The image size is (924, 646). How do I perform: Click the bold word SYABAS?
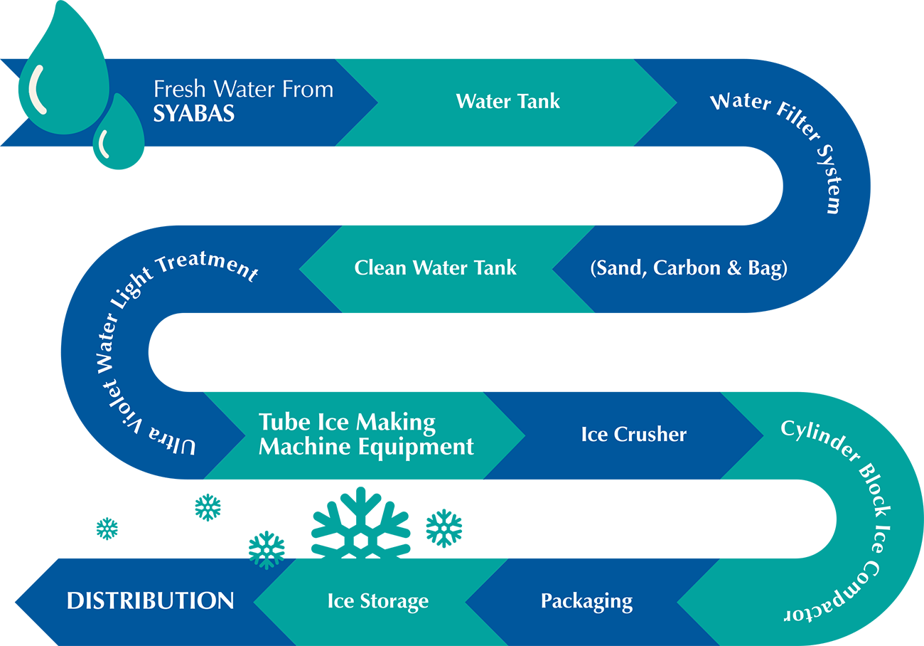(193, 114)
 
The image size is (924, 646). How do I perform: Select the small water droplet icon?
(119, 135)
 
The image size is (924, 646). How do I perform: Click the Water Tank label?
(507, 101)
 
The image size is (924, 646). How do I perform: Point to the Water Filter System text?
(789, 142)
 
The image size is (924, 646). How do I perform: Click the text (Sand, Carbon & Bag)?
(688, 268)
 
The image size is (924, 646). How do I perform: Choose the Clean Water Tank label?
(435, 268)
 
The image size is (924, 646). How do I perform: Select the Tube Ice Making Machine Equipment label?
(365, 434)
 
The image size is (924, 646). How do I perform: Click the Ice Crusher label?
(633, 434)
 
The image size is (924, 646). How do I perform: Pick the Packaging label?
(586, 600)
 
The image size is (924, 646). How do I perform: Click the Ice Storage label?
(377, 600)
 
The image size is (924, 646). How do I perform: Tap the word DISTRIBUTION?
(150, 600)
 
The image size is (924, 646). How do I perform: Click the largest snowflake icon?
(361, 525)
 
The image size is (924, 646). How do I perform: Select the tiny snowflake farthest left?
(107, 529)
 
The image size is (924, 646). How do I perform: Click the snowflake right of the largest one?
(444, 528)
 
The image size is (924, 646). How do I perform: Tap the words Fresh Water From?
(243, 90)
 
